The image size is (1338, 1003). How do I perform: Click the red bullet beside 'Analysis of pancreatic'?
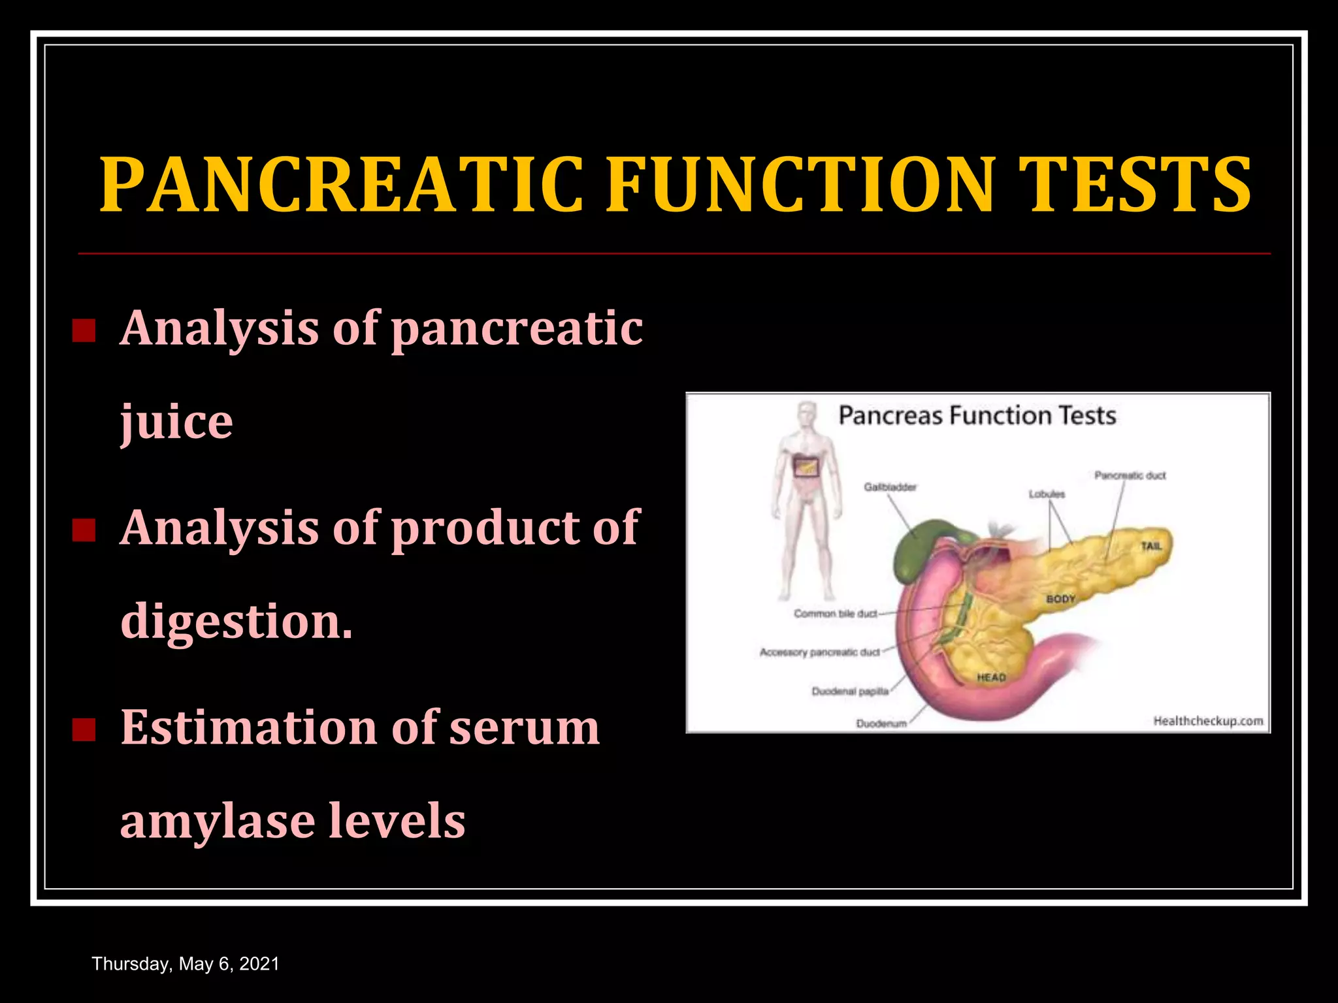[84, 331]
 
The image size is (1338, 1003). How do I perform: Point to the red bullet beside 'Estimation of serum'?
[84, 729]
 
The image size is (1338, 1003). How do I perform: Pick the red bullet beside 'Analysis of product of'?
[84, 530]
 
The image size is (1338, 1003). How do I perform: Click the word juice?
[176, 422]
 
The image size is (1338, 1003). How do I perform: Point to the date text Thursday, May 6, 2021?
[186, 964]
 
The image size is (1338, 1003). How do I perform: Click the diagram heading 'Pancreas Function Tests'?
[977, 416]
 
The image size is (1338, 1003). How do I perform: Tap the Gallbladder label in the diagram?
[890, 487]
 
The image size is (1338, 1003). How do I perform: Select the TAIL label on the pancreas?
[1151, 546]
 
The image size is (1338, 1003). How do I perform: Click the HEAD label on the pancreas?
[991, 678]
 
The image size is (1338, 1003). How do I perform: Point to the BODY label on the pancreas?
[1060, 599]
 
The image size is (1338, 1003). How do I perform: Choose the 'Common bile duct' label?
[835, 614]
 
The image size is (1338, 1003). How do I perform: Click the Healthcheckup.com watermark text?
[1207, 721]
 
